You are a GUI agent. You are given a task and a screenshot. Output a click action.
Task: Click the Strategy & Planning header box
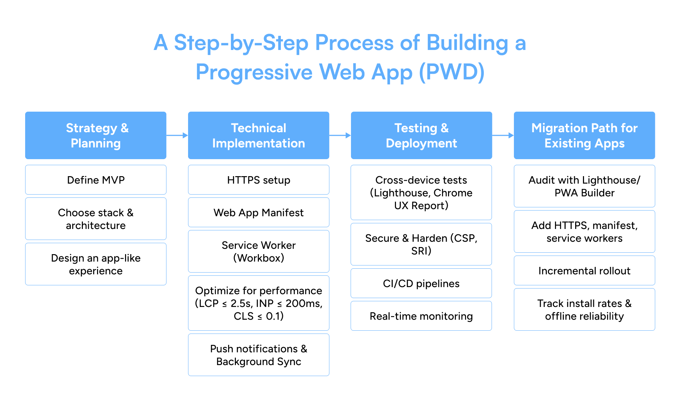point(96,135)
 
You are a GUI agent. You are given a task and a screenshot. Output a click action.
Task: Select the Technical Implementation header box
point(259,135)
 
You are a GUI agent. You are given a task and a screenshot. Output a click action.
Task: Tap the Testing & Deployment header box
point(421,135)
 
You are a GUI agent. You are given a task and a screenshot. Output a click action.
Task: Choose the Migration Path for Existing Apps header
point(584,135)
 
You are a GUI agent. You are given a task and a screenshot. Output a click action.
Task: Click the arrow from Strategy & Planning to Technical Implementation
point(177,135)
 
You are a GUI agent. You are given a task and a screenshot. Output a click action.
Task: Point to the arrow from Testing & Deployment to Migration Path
point(503,135)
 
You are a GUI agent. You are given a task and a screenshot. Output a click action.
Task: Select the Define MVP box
point(96,180)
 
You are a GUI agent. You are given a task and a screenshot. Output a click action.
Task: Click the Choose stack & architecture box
point(96,219)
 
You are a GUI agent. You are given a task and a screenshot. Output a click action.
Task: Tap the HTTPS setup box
point(259,180)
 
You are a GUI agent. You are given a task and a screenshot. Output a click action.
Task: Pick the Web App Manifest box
point(259,212)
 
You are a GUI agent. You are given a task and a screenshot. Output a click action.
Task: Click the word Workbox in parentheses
point(259,258)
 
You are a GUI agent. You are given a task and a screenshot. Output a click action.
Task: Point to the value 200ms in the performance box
point(303,303)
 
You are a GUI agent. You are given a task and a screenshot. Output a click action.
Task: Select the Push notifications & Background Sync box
point(259,355)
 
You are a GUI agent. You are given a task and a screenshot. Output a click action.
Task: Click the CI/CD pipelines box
point(421,283)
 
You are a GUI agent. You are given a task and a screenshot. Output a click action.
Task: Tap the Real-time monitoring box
point(421,316)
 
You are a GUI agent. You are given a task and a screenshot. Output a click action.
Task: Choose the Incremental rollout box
point(584,270)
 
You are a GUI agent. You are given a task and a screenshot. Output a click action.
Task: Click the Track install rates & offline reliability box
point(584,309)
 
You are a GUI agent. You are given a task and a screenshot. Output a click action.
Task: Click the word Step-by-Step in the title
point(241,43)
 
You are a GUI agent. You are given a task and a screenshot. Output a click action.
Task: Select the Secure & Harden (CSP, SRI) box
point(421,244)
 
